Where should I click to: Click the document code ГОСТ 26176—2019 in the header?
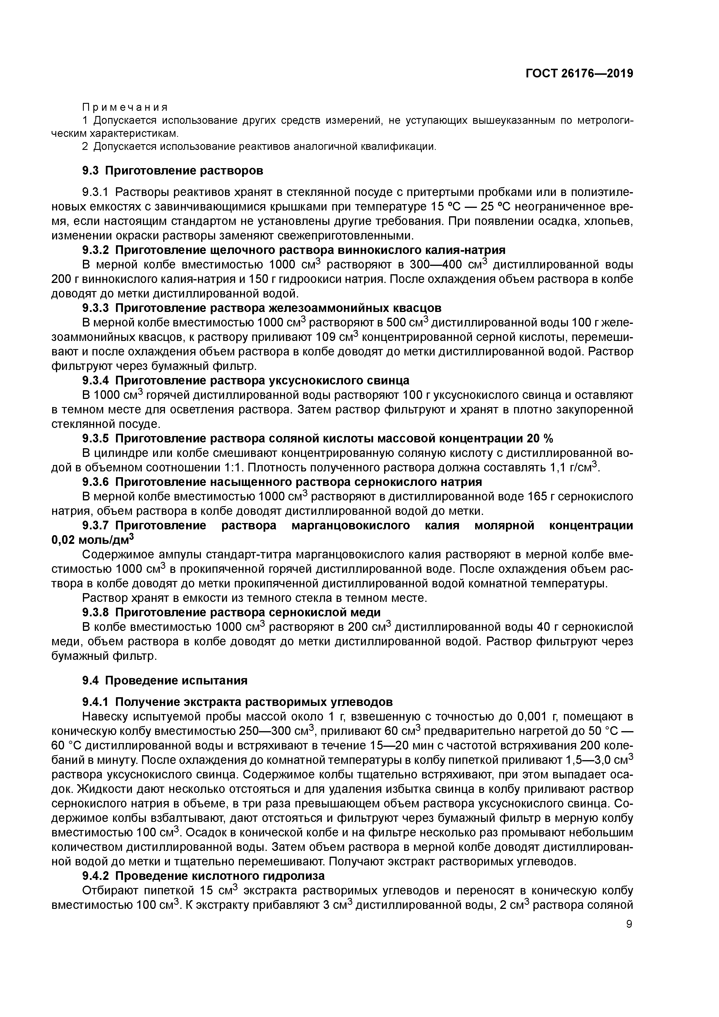tap(579, 74)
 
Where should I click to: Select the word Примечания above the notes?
tap(125, 108)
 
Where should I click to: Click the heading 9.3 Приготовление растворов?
tap(173, 170)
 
